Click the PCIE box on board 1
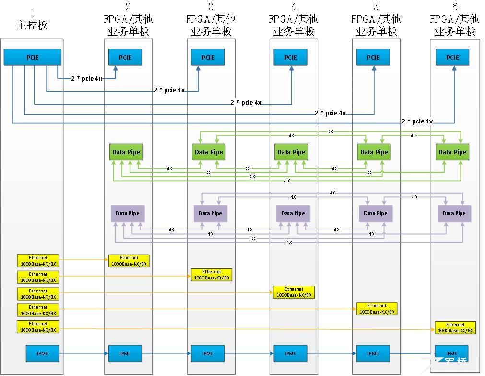point(32,57)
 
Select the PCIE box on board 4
point(290,57)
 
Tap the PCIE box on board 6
point(452,57)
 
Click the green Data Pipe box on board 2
point(126,152)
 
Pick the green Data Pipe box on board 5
point(374,152)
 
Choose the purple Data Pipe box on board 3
point(210,213)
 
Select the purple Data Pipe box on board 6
point(454,213)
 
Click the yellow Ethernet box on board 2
point(129,261)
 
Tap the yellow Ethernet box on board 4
point(294,292)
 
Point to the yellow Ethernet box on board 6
point(455,327)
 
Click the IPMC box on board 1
point(43,354)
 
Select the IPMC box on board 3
point(208,354)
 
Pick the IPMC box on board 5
point(373,354)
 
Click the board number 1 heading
point(32,12)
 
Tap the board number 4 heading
point(294,7)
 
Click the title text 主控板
point(32,25)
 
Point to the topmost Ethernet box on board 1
point(38,261)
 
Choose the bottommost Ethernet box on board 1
point(38,327)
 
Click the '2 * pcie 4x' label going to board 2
point(86,78)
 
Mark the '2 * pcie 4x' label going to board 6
point(417,121)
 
